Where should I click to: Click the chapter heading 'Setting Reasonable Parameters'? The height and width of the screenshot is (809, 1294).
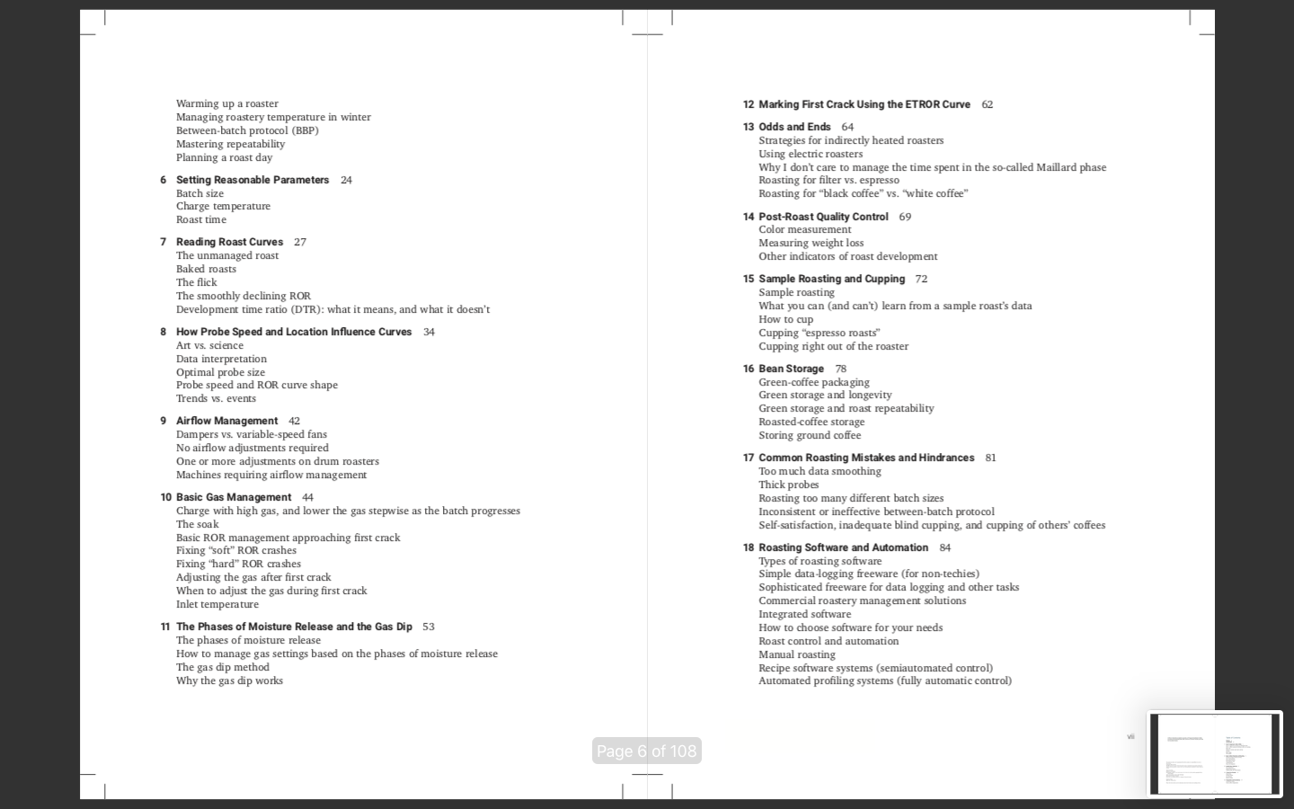point(253,180)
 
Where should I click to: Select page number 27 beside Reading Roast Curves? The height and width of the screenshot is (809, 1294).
point(300,242)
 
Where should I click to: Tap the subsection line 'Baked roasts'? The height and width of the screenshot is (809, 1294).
point(206,269)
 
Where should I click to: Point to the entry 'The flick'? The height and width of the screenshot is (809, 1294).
point(196,282)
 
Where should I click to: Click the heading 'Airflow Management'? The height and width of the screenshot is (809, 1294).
point(226,421)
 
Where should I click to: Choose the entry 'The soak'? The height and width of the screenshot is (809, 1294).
point(197,524)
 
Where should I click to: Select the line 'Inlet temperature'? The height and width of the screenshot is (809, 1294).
point(217,604)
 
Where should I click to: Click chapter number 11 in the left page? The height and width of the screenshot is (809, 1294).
point(165,627)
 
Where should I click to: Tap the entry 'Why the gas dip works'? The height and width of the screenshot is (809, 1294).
point(229,680)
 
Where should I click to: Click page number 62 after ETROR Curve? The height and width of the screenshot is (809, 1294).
point(987,104)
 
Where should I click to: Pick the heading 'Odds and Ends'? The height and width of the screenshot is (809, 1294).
point(794,127)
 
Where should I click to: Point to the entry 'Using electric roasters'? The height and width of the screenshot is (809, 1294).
point(810,154)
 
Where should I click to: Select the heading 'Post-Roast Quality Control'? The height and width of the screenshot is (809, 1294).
point(823,217)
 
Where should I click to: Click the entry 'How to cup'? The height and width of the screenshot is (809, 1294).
point(785,319)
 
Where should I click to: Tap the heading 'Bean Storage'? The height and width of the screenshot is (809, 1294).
point(791,369)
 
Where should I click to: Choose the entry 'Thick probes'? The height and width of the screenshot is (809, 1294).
point(788,485)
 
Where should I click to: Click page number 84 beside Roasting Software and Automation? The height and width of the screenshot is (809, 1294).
point(944,547)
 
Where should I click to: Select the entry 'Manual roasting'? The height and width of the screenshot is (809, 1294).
point(796,654)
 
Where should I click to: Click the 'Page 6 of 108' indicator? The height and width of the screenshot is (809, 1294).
point(646,751)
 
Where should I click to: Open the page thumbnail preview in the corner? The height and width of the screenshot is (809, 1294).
point(1214,753)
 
